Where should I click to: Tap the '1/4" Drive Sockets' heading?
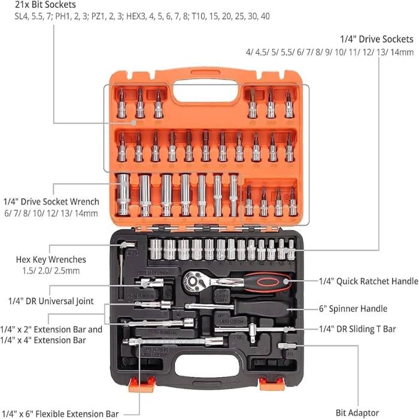(x=377, y=40)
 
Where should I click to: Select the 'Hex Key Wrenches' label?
(x=51, y=259)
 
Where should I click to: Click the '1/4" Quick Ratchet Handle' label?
(x=369, y=281)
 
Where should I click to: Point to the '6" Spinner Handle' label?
(x=353, y=309)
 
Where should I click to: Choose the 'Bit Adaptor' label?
(x=357, y=412)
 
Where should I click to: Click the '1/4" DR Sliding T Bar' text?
(x=357, y=329)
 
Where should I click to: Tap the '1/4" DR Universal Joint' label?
(x=51, y=301)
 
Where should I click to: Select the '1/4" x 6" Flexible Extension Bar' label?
(x=59, y=414)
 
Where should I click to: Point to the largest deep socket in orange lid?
(x=124, y=195)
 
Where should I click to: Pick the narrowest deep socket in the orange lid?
(x=233, y=195)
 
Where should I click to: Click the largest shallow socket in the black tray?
(x=156, y=250)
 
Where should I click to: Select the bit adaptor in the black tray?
(x=287, y=346)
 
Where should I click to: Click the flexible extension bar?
(x=173, y=342)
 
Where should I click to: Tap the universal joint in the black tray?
(x=149, y=283)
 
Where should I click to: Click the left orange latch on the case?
(x=142, y=384)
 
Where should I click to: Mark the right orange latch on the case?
(x=272, y=384)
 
